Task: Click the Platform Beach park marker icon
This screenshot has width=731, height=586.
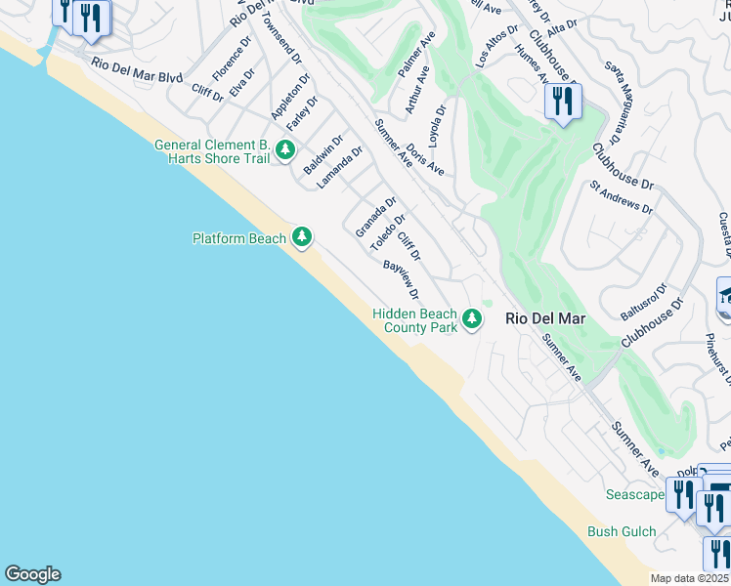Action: (302, 237)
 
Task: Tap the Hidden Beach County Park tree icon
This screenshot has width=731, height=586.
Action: (472, 318)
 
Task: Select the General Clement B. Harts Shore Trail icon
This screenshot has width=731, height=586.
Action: (285, 149)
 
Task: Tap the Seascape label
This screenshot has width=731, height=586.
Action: (634, 494)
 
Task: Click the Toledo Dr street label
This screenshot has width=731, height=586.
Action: (387, 233)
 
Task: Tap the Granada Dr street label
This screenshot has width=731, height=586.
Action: (374, 217)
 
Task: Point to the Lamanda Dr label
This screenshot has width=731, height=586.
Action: (339, 167)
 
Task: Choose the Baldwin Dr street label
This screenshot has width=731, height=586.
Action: (323, 154)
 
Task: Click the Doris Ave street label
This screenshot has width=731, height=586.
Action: (425, 160)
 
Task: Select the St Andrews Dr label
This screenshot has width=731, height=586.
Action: (621, 195)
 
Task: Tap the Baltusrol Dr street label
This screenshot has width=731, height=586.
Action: (643, 302)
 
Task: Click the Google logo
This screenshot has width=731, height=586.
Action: (32, 574)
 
